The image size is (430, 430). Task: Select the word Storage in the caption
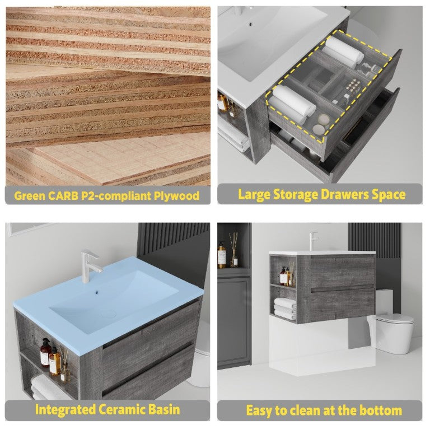296,195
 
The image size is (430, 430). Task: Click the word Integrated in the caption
66,410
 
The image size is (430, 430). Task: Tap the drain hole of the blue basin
96,292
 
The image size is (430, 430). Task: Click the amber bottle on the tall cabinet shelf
222,255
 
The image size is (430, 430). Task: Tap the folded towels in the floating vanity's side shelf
285,309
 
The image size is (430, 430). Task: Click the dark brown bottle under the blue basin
45,352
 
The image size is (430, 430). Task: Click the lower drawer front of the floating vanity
343,305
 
